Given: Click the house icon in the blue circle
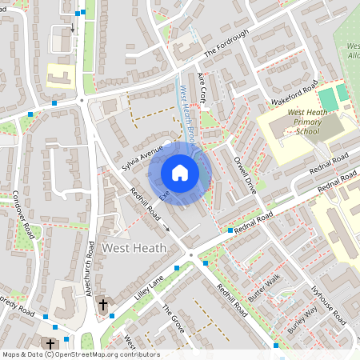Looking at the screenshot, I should [180, 173].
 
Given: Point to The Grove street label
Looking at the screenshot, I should [173, 318].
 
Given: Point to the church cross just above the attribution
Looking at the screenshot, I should [50, 344].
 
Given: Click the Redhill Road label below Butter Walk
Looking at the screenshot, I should [232, 301].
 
